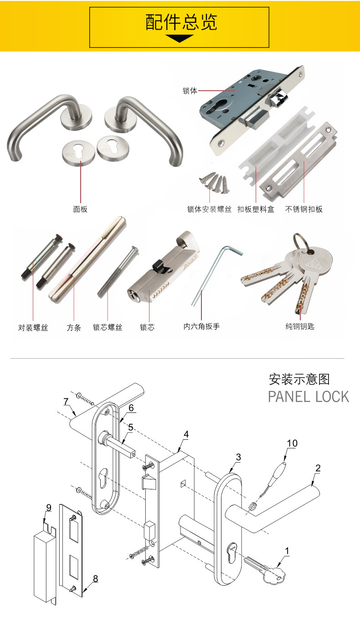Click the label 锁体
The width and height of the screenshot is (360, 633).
point(190,91)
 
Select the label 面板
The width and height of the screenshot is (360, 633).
point(80,209)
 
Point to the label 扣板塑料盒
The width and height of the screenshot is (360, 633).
point(256,210)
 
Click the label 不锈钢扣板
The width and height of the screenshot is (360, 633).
point(304,210)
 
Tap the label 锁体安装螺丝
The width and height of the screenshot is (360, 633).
point(210,210)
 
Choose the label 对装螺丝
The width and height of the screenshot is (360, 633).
point(33,327)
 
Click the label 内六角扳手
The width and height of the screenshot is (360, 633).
point(201,326)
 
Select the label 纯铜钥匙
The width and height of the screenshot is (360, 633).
point(300,326)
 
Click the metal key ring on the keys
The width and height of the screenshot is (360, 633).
point(301,241)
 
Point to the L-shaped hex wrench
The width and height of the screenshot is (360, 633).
point(214,273)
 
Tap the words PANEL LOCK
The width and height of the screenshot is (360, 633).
point(308,396)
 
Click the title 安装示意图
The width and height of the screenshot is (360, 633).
point(299,379)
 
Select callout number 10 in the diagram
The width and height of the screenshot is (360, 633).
point(292,443)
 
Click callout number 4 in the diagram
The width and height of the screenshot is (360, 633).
point(186,434)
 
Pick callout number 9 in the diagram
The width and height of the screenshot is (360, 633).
point(49,508)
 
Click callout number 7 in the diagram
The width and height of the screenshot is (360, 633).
point(66,401)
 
